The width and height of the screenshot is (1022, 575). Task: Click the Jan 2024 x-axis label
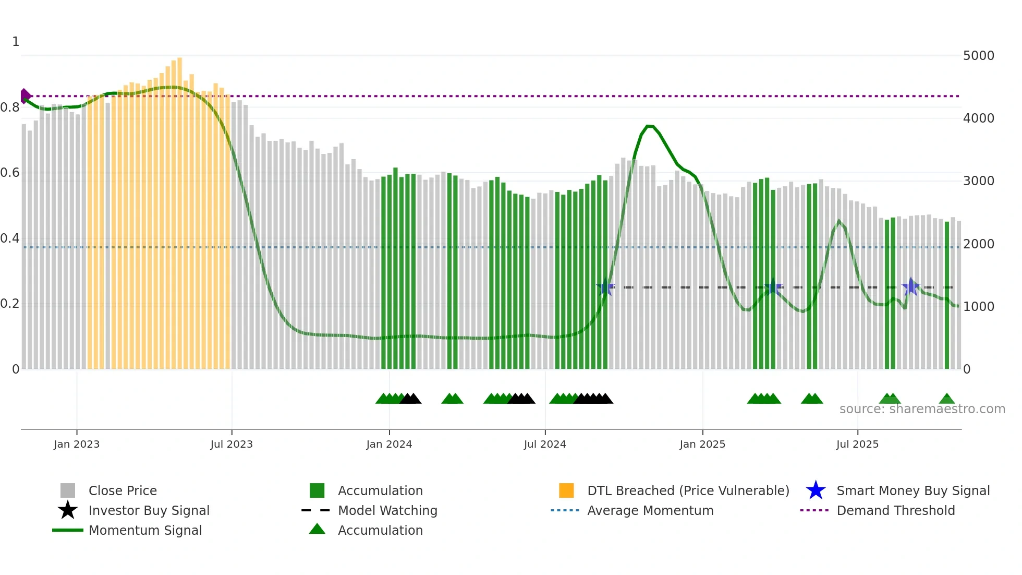(389, 444)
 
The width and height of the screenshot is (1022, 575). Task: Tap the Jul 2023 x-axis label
(232, 444)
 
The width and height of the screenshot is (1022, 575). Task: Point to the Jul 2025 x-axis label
(857, 444)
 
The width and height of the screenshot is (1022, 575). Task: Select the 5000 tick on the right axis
(978, 56)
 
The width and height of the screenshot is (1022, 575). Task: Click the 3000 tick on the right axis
(978, 181)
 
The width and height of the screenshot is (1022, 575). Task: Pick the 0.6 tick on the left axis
(10, 173)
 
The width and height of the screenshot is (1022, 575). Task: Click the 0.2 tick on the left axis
(10, 304)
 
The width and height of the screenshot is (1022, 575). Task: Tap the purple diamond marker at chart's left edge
(25, 96)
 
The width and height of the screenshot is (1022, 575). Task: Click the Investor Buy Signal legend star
(68, 510)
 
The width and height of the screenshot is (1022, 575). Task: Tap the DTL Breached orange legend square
(566, 490)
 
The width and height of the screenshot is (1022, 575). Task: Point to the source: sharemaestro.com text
(922, 409)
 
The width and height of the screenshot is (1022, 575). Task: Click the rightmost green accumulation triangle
(947, 399)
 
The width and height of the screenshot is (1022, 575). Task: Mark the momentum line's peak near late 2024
(650, 126)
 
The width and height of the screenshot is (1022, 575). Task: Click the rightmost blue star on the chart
(911, 287)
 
